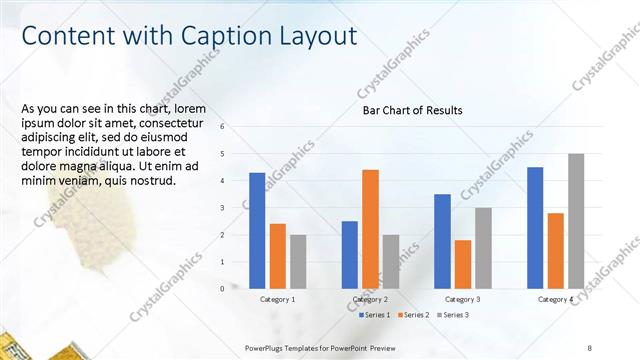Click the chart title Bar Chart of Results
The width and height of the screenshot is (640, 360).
pos(412,110)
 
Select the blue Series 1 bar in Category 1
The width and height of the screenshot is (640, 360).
pos(257,230)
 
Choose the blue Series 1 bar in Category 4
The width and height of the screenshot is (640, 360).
pos(535,227)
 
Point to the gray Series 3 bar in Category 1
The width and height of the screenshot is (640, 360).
pos(299,261)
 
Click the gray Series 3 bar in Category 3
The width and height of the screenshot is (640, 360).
pos(483,248)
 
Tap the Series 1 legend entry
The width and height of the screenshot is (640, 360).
pos(375,315)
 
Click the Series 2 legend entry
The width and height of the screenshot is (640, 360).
pos(414,315)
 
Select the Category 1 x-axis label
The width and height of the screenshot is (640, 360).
pos(278,299)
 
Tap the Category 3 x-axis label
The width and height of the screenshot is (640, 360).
pos(462,299)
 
